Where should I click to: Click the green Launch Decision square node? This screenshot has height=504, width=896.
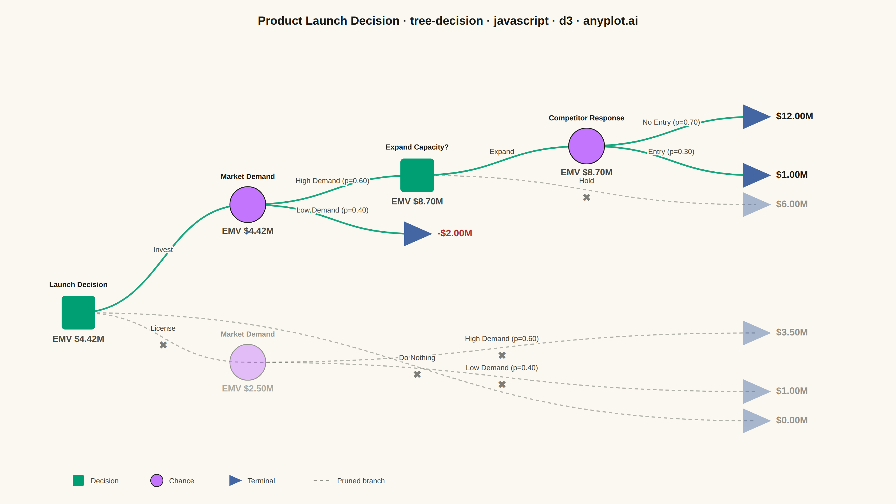click(x=78, y=312)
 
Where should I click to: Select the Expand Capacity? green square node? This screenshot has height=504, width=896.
click(x=417, y=175)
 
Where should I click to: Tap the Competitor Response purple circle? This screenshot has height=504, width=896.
click(x=586, y=146)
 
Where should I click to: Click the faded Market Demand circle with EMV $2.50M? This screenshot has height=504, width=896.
click(x=248, y=362)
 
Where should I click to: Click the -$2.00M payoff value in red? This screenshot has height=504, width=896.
click(x=455, y=233)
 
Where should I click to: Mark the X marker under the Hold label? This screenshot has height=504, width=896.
click(x=586, y=197)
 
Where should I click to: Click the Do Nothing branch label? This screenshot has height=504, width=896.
click(x=417, y=358)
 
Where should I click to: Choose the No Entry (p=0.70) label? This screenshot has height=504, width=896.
click(x=671, y=122)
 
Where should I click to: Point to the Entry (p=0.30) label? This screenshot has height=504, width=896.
click(x=671, y=152)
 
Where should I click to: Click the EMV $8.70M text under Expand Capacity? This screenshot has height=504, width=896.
click(x=417, y=201)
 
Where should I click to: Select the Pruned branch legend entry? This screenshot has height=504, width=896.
click(x=349, y=481)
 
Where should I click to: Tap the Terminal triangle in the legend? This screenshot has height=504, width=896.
click(x=235, y=480)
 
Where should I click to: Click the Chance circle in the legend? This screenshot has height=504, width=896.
click(x=157, y=480)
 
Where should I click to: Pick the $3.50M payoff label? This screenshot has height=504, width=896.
click(x=792, y=332)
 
